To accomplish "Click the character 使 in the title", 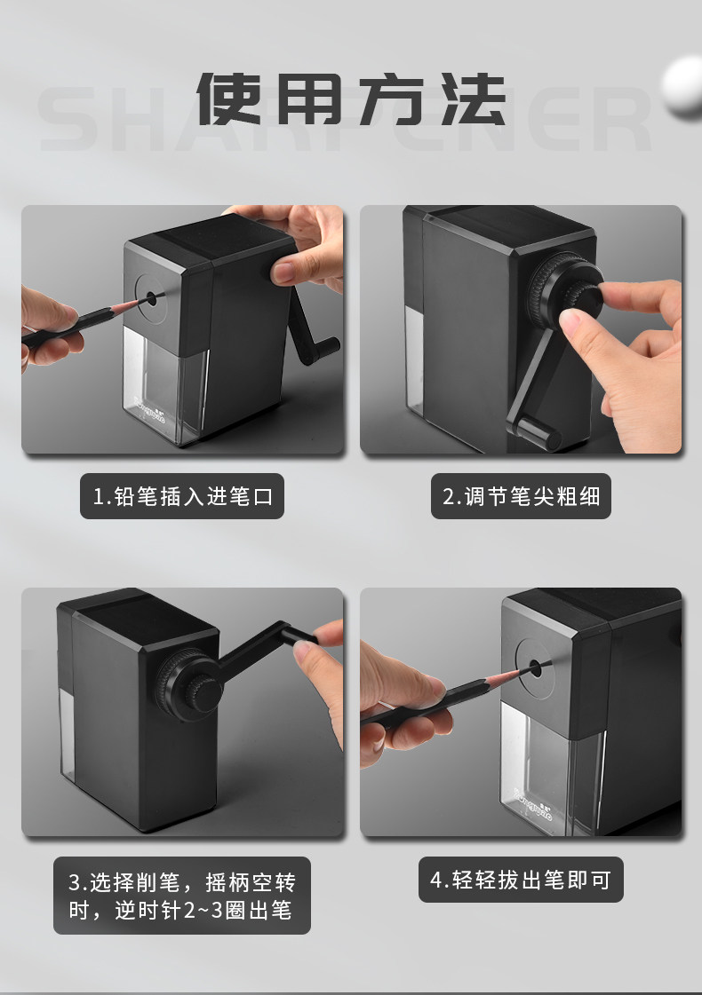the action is pos(228,99).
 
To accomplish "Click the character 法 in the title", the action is pos(474,99).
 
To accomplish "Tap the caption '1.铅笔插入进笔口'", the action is pos(182,496).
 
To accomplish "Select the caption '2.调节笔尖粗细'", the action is pos(521,496).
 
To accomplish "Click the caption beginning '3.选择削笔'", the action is pos(181,896).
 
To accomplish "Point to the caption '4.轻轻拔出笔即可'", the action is pos(521,880).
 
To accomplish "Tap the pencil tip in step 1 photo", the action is pos(141,301).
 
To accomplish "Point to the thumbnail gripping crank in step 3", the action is pos(303,649).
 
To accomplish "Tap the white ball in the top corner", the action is pos(683,87).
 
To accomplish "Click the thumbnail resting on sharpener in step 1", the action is pos(282,272).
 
